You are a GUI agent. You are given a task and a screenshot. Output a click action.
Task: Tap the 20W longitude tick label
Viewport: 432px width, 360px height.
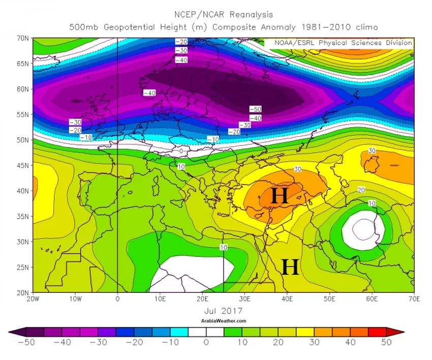34,298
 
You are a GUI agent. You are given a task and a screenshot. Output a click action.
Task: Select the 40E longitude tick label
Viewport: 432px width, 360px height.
287,298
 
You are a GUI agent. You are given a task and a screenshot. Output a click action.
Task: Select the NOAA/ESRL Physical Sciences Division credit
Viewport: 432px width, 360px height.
344,43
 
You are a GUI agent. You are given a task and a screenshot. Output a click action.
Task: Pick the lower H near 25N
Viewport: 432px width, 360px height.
290,267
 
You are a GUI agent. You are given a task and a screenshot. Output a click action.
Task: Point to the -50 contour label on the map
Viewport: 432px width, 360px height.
255,109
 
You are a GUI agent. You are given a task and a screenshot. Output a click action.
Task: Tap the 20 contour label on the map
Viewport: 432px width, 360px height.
361,190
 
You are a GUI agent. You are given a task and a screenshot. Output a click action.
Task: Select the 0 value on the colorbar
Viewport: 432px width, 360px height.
206,342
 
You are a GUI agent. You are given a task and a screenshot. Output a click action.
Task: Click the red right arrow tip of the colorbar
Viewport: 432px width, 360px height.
403,332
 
